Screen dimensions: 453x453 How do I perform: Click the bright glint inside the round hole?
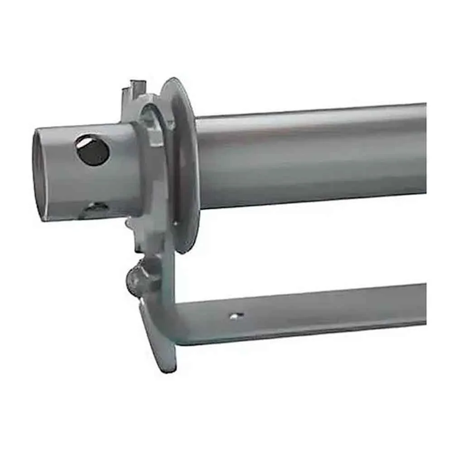(x=84, y=144)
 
